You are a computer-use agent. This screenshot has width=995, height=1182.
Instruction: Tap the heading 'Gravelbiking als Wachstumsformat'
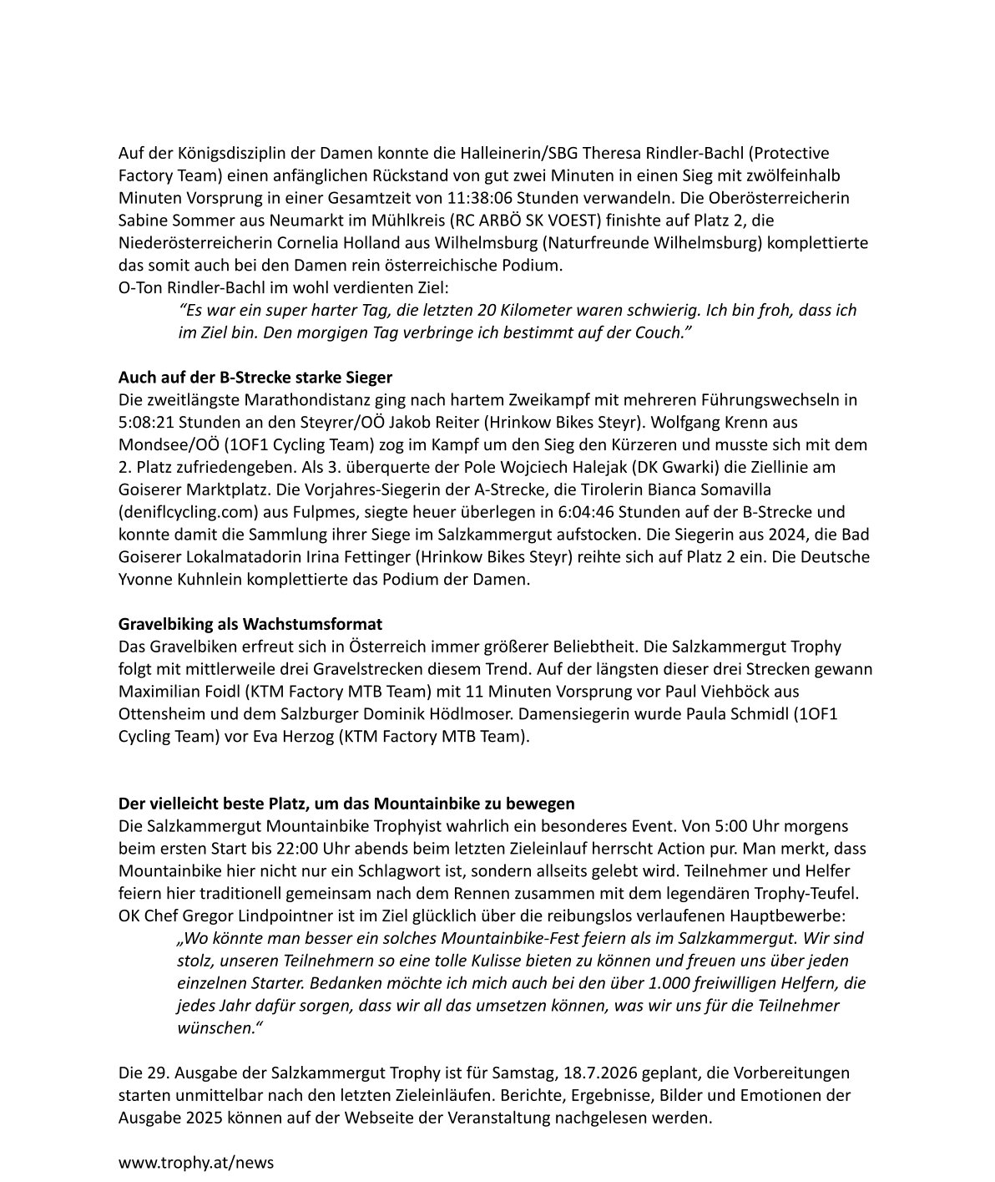click(x=250, y=624)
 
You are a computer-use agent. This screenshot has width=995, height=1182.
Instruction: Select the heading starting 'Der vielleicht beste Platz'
click(x=346, y=804)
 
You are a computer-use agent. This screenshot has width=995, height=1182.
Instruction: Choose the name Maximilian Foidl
click(x=170, y=692)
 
